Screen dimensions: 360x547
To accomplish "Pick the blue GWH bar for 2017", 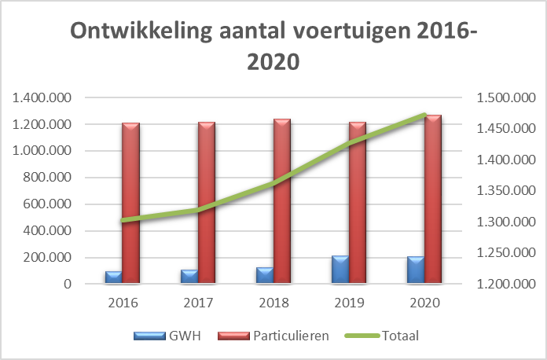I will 189,276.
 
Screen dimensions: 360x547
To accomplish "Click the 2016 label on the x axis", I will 123,303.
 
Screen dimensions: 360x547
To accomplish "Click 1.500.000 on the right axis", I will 504,98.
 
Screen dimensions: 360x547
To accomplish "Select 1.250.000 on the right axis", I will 504,253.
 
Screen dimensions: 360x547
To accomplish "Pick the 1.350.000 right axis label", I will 504,191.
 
